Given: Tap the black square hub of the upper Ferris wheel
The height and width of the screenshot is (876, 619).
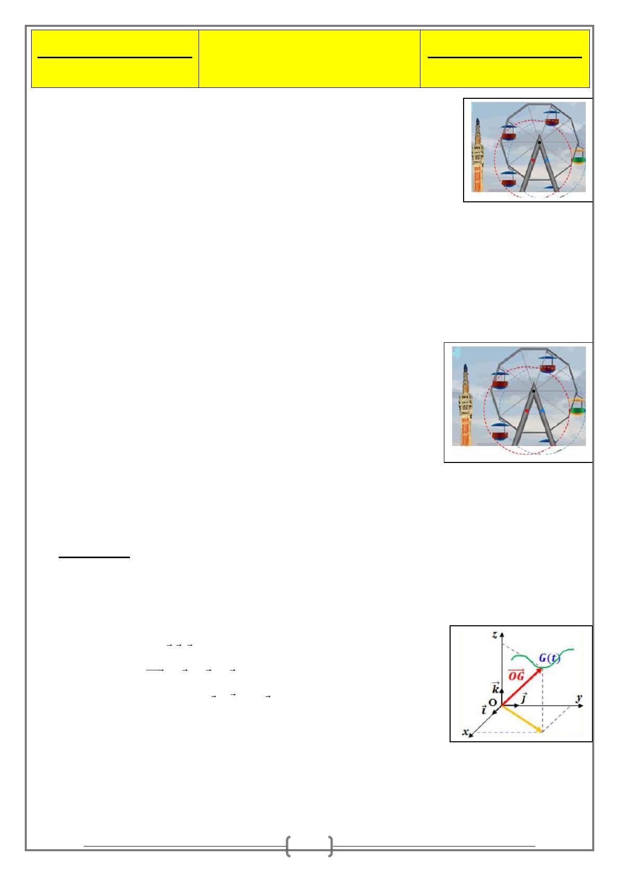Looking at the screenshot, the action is pos(539,143).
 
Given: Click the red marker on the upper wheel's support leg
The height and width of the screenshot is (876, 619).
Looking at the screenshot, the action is pos(533,160).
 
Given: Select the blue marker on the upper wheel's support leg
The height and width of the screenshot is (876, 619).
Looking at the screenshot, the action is pos(547,160).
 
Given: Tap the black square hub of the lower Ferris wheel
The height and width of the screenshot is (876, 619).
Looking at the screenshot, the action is pos(534,391).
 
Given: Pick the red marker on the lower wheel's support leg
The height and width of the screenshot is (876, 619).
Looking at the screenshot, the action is pos(527,411).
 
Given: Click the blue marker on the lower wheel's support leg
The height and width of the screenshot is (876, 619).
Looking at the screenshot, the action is pos(542,411).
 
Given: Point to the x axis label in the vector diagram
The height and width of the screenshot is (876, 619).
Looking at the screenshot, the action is pos(466,731).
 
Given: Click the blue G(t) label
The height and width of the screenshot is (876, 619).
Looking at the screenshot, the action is pos(549,658).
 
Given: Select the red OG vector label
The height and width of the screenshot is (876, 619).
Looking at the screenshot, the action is pos(516,675).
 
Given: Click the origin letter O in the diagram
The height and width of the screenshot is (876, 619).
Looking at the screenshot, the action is pos(492,702).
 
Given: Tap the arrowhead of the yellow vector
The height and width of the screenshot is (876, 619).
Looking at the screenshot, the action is pos(539,729).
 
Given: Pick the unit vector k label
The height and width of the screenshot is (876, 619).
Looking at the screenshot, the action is pos(495,687).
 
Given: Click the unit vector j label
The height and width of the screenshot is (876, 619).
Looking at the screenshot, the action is pos(524,697).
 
